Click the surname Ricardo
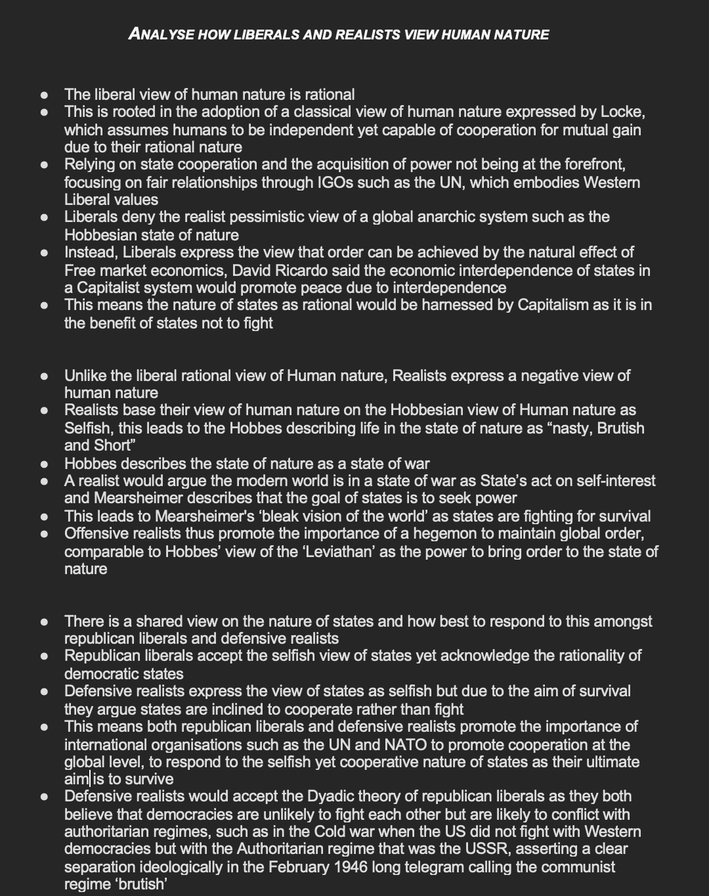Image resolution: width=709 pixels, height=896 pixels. click(306, 271)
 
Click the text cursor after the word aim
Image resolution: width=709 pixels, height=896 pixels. click(91, 780)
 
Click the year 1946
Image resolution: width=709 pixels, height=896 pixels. click(355, 867)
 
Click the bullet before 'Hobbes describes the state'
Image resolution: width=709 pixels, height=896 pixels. click(45, 464)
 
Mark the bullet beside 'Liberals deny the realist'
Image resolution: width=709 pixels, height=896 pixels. click(45, 217)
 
